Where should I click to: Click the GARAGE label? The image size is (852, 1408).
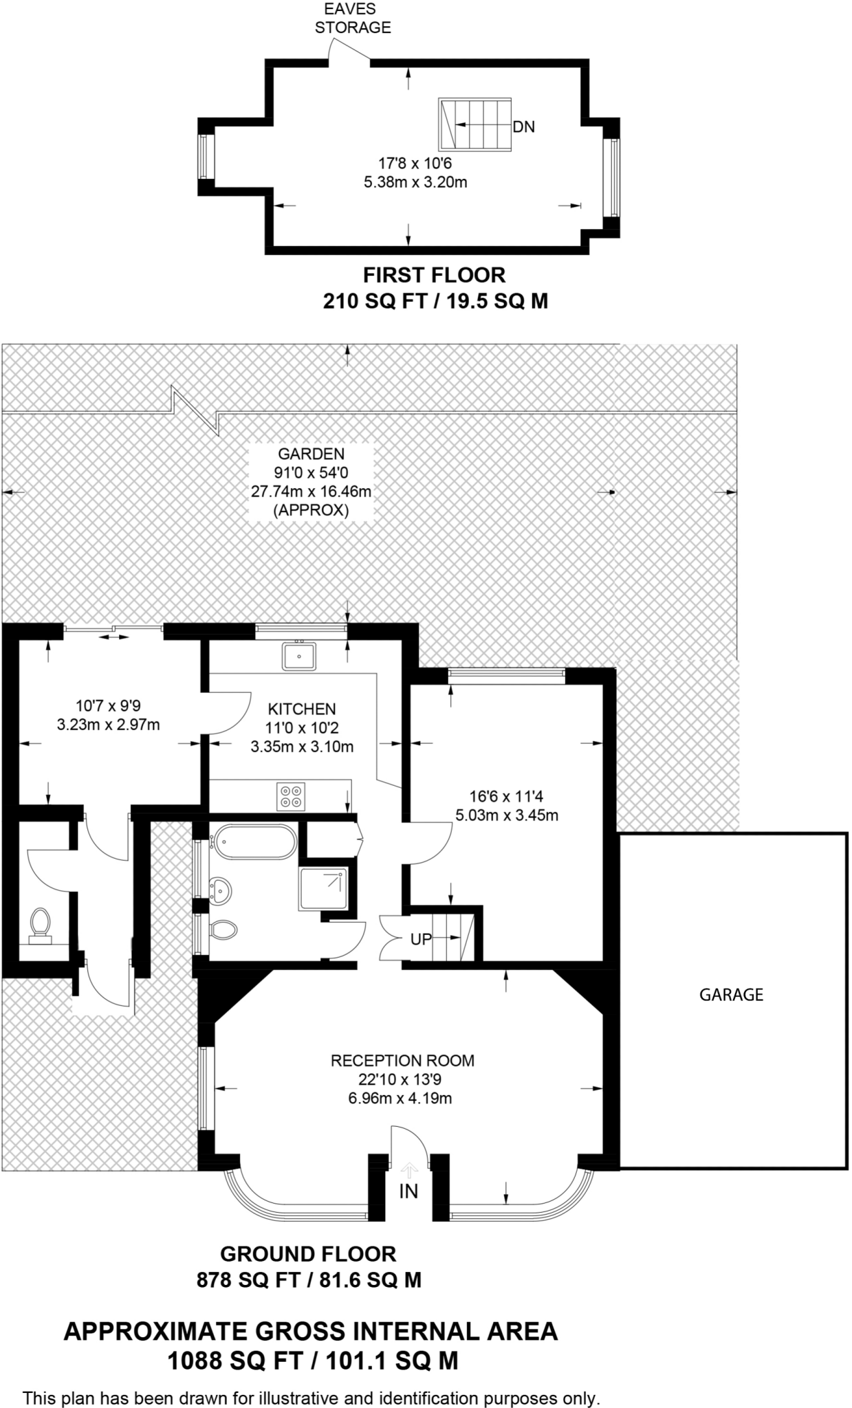click(731, 995)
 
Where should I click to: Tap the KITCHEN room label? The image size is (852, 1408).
click(302, 709)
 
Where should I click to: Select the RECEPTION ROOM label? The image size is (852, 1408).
click(402, 1061)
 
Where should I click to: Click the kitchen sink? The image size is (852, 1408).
click(298, 656)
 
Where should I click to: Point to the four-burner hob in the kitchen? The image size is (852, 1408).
click(291, 796)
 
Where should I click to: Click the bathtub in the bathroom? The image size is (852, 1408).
click(254, 841)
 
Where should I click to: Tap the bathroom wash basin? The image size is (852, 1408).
click(221, 890)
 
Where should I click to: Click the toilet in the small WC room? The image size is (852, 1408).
click(40, 925)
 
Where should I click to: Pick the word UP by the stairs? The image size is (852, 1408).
click(421, 939)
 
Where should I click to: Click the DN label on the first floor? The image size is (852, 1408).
click(523, 127)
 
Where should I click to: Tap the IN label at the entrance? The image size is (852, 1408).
click(408, 1191)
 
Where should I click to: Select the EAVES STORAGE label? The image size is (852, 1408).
click(353, 19)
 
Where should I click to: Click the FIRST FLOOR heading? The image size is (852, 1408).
click(434, 275)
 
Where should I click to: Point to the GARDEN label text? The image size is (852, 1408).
click(311, 454)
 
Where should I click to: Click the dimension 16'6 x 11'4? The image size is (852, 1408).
click(506, 797)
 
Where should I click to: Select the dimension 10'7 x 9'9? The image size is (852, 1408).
click(108, 705)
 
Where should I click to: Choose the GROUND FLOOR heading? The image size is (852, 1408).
click(308, 1254)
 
